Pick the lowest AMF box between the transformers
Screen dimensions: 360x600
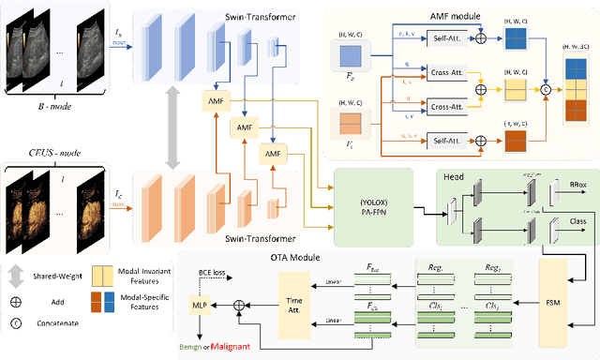click(x=273, y=153)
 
